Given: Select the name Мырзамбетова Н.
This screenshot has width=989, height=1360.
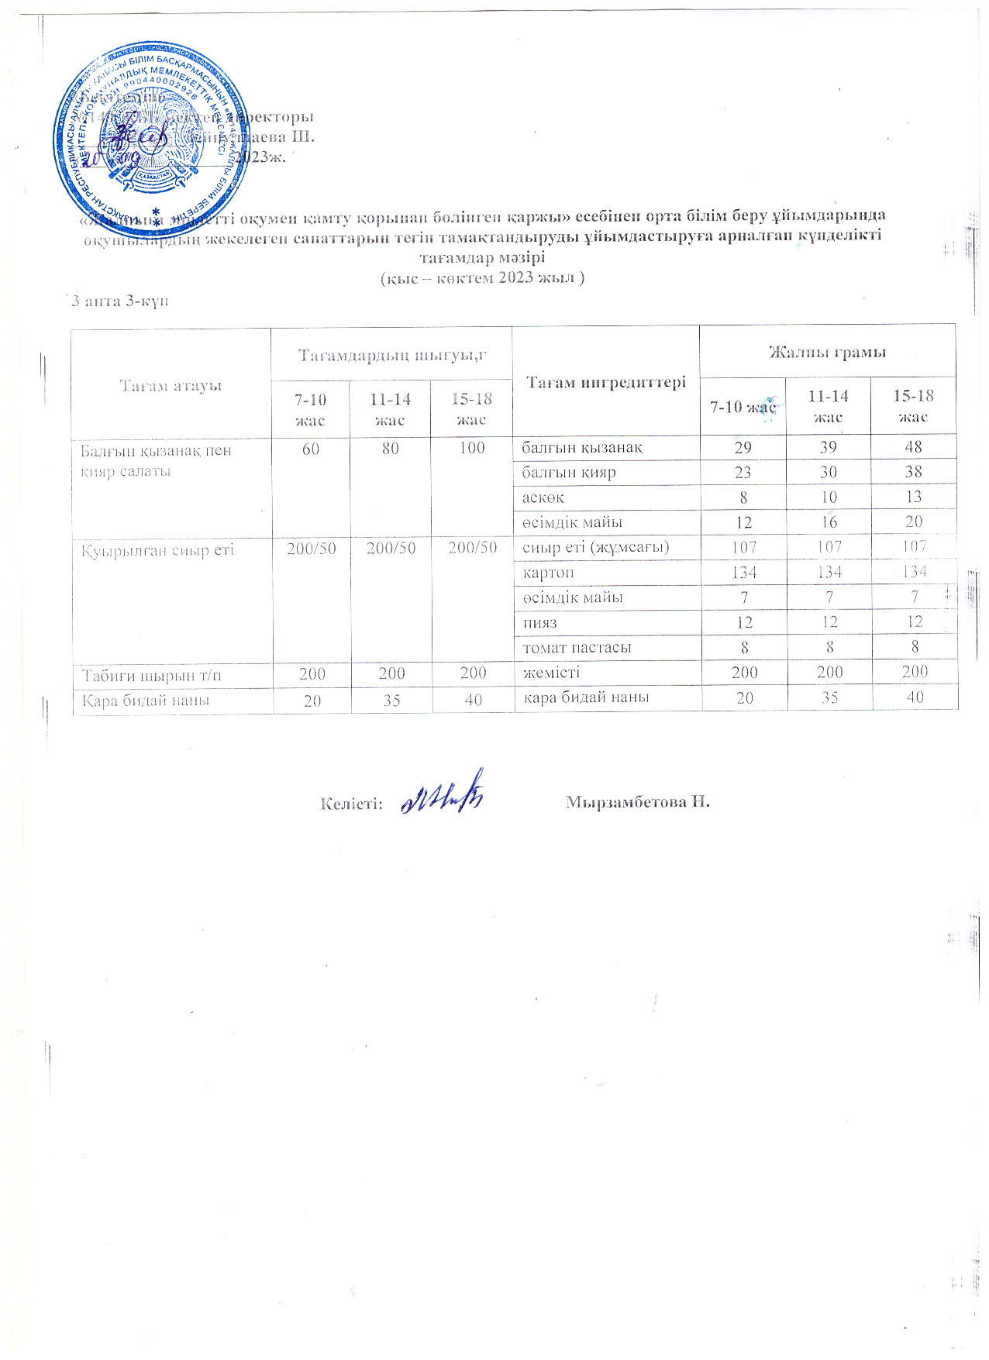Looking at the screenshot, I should click(637, 801).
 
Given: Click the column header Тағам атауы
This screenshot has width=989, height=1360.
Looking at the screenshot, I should click(171, 385).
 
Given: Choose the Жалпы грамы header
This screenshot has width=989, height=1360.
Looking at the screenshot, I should click(827, 353).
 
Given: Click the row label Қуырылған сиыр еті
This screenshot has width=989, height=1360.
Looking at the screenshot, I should click(158, 550).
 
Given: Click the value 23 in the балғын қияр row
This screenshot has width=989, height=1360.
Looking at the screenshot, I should click(743, 472).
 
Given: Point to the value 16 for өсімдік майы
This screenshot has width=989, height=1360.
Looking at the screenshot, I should click(829, 522).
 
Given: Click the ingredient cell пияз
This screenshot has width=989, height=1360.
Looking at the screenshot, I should click(540, 622).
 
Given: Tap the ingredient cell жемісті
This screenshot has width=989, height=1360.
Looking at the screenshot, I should click(550, 673).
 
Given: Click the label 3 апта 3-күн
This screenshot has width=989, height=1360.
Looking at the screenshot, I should click(118, 301).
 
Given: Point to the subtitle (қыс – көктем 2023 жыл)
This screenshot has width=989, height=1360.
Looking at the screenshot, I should click(481, 278).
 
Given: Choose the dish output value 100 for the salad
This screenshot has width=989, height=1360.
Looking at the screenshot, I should click(471, 448).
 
